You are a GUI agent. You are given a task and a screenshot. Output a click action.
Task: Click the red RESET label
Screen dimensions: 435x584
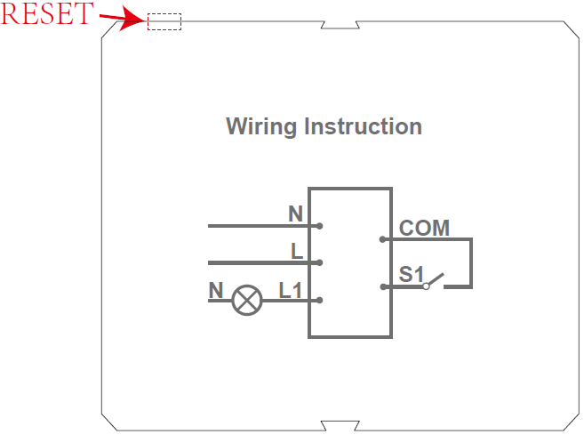tap(46, 14)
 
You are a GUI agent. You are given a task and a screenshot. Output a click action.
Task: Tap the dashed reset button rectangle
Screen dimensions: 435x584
tap(164, 22)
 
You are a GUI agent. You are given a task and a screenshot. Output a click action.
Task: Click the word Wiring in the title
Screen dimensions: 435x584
tap(262, 126)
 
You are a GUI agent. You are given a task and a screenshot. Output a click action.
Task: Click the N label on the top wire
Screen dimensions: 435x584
tap(295, 213)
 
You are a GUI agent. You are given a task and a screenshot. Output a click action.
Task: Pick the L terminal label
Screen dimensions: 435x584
tap(297, 251)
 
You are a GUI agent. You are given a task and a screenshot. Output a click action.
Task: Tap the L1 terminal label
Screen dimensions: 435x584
tap(291, 290)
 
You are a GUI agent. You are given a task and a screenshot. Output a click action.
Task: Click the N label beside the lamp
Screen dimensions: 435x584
tap(216, 290)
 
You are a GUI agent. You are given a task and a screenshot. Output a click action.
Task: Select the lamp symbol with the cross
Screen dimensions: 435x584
tap(246, 301)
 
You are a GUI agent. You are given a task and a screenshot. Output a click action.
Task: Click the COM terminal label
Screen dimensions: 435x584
tap(424, 228)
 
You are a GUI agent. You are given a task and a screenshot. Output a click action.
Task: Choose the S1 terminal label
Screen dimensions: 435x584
tap(412, 275)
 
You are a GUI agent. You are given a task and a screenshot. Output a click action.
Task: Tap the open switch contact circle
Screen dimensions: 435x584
tap(427, 286)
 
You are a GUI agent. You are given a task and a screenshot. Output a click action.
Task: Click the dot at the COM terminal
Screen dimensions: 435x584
tap(382, 238)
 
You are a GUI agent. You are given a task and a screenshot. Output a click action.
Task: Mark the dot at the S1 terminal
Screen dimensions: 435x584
tap(382, 286)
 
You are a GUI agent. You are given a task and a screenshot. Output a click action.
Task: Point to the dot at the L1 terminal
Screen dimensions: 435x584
tap(319, 300)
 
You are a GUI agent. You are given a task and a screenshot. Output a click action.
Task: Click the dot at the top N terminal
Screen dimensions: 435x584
tap(319, 226)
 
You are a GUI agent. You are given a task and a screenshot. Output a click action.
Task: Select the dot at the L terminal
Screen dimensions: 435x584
tap(319, 262)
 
